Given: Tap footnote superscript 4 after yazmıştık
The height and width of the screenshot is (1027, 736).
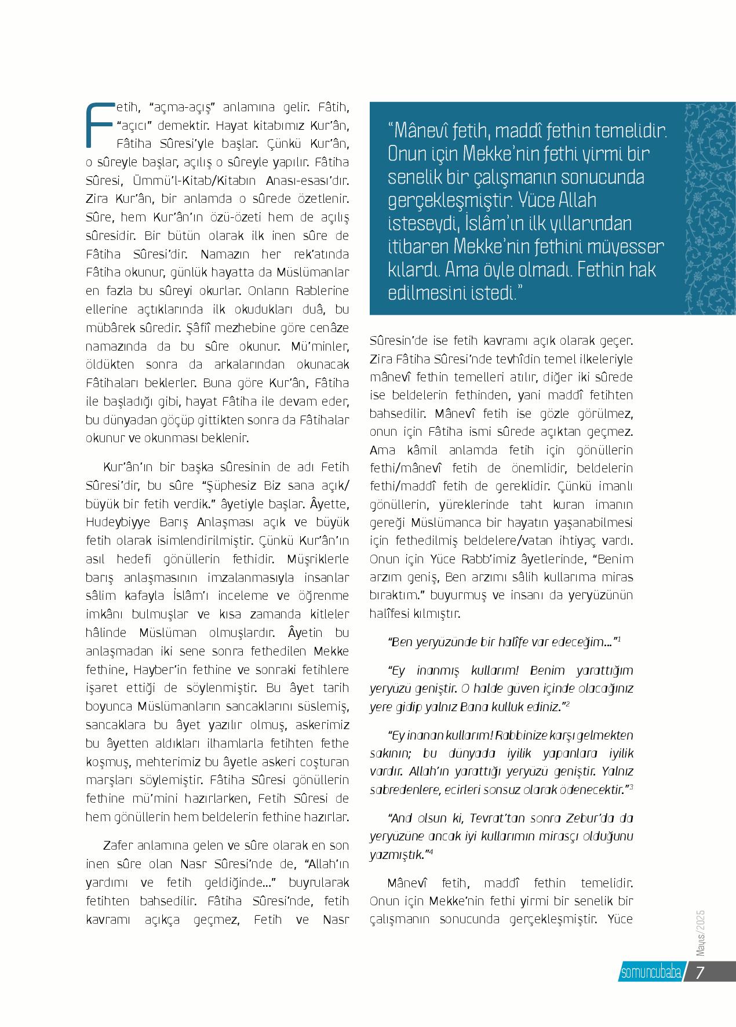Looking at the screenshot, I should click(x=432, y=851).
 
